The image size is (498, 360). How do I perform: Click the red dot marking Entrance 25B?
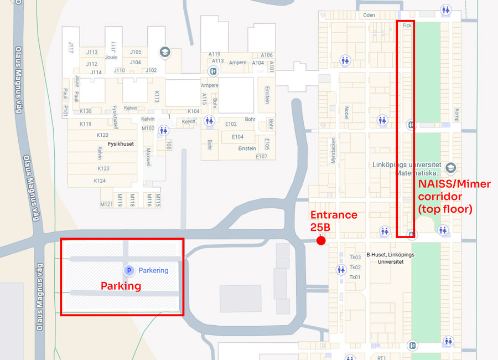[x=320, y=240]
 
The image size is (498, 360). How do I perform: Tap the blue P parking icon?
[x=128, y=270]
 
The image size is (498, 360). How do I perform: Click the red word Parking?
[x=121, y=286]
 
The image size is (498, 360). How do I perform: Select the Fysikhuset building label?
[x=121, y=144]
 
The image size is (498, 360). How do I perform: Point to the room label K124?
[x=100, y=181]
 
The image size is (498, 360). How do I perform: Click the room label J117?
[x=71, y=48]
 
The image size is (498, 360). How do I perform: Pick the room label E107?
[x=262, y=157]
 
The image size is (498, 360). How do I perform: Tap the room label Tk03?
[x=355, y=258]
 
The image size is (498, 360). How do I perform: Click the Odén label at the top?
[x=369, y=16]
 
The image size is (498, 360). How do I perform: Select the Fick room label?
[x=407, y=25]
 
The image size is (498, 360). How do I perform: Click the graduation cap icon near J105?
[x=164, y=53]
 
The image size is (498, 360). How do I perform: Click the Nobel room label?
[x=346, y=112]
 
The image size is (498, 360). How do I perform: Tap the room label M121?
[x=106, y=204]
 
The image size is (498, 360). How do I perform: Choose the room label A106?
[x=267, y=55]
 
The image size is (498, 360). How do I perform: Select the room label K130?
[x=85, y=111]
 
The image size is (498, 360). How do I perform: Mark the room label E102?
[x=231, y=124]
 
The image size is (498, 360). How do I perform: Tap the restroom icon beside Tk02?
[x=341, y=270]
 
